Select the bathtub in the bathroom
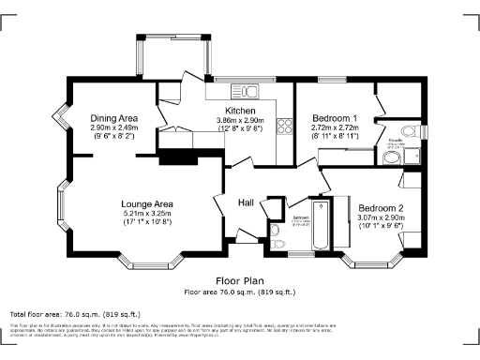point(319,225)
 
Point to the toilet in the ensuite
point(409,131)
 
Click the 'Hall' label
point(246,202)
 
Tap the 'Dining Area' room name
point(114,117)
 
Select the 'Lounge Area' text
point(146,203)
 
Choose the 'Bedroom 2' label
point(381,207)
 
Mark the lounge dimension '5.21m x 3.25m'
point(146,214)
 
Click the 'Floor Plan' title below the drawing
point(240,280)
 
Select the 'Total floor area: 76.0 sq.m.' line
point(75,313)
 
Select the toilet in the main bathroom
point(275,231)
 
